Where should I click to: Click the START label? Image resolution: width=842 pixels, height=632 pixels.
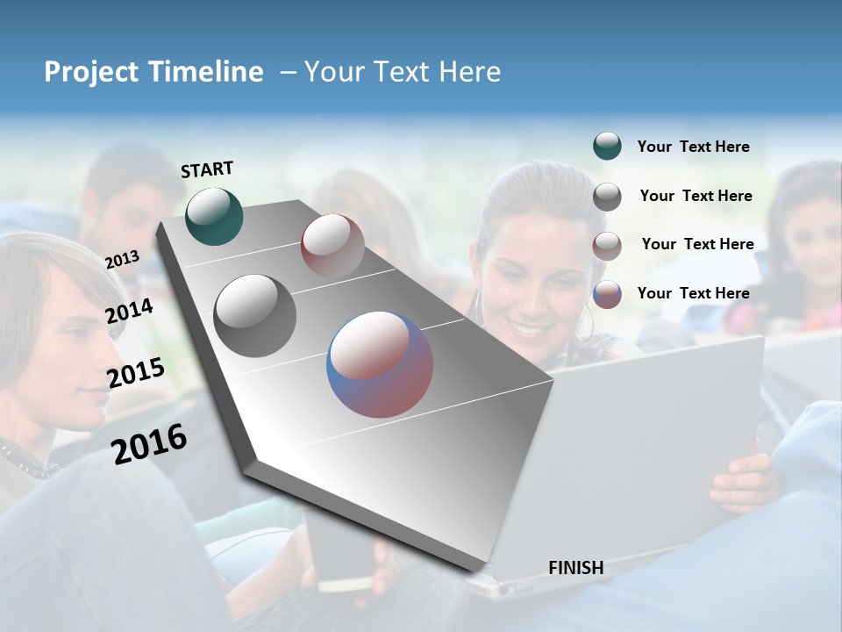(207, 169)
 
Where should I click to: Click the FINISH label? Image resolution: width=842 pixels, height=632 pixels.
(575, 568)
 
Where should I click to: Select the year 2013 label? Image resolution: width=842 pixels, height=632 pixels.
(122, 259)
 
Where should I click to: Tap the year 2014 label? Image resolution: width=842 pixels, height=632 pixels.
(129, 311)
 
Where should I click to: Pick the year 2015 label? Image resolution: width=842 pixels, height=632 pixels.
(135, 374)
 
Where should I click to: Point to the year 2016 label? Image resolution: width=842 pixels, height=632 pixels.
(149, 444)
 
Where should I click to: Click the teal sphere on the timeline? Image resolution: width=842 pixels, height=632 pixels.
(214, 216)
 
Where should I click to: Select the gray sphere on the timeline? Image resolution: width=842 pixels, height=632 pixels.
(254, 315)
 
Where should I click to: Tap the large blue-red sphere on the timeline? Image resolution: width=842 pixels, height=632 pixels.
(380, 364)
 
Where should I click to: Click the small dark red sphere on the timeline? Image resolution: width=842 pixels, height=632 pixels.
(332, 245)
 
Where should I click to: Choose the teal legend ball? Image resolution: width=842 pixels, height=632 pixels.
(607, 147)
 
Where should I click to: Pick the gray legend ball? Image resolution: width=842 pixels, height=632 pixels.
(607, 197)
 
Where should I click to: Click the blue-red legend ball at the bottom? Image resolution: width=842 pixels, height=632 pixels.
(607, 294)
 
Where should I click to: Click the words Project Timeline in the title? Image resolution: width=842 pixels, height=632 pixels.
(153, 72)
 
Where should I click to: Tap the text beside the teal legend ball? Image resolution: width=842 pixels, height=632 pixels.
(693, 147)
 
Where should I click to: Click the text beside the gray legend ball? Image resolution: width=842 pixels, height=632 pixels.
(696, 196)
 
